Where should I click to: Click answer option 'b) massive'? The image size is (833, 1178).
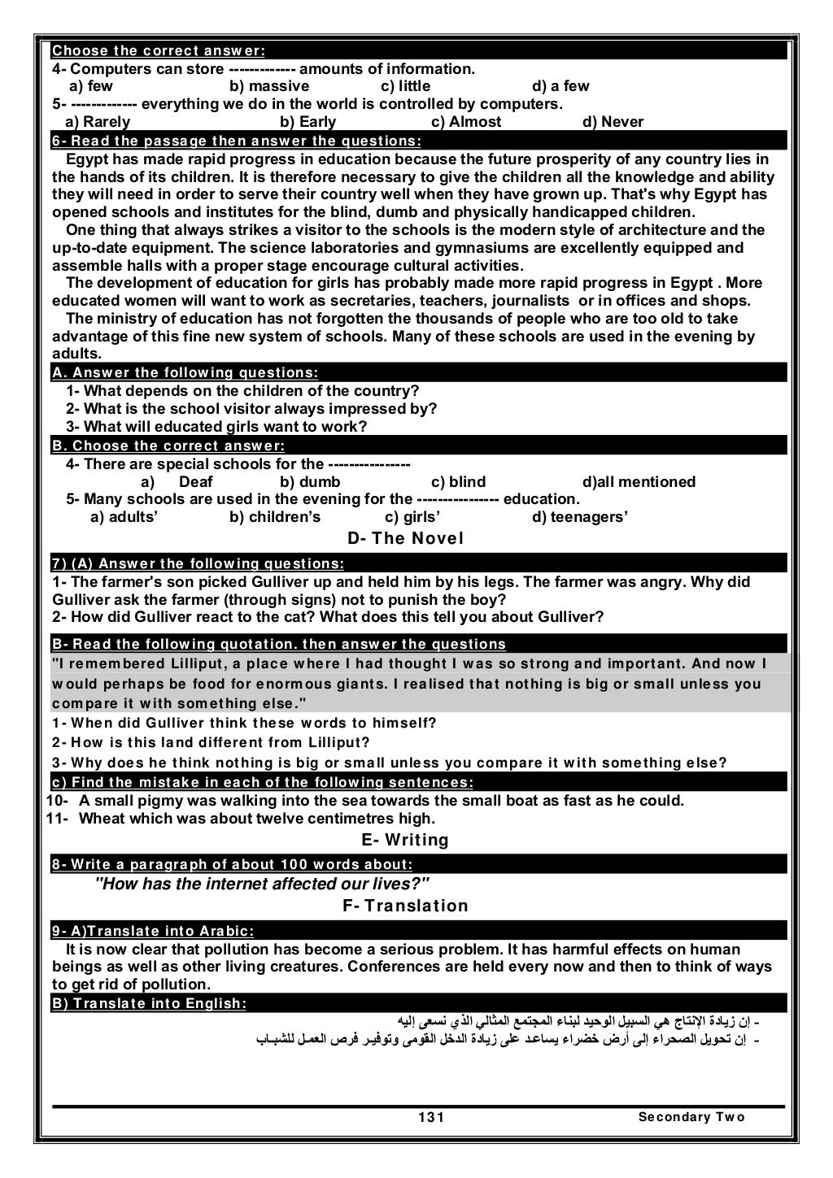(268, 86)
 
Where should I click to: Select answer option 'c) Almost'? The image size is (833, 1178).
(465, 122)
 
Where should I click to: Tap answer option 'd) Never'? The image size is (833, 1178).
(613, 122)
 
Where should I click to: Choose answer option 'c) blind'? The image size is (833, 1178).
(458, 482)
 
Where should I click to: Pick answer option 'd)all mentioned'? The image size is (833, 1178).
(639, 482)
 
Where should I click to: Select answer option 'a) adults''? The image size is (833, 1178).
(124, 517)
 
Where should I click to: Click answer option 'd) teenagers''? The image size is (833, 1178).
(579, 517)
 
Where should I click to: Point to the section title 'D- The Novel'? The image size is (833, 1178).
(405, 538)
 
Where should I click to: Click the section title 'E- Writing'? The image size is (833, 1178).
(404, 840)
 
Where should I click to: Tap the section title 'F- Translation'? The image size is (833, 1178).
(405, 906)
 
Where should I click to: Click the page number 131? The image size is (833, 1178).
(431, 1117)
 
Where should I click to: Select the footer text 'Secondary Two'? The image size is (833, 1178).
(691, 1117)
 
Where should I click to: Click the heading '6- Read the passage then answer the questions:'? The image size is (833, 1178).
(236, 141)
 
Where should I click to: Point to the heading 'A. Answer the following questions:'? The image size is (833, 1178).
(185, 373)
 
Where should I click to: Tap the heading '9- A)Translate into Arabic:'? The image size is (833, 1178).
(152, 931)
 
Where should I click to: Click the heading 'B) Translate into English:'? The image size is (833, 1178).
(149, 1003)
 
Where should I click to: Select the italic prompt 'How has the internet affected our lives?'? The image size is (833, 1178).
(262, 885)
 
